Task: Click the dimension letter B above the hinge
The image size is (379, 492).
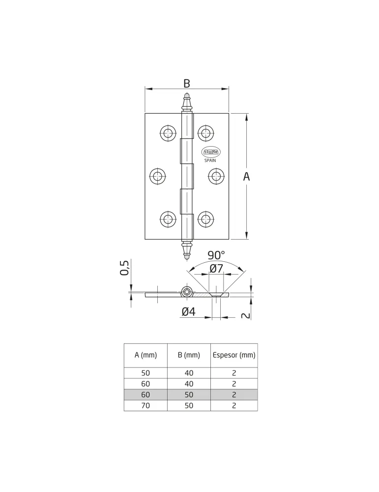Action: (186, 84)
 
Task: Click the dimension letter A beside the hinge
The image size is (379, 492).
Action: (246, 177)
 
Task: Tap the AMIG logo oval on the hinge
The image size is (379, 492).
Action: (211, 152)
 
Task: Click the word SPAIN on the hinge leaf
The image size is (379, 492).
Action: (210, 161)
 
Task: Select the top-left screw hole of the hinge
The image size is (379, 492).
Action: (168, 133)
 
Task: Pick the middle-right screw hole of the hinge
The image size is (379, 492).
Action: (216, 176)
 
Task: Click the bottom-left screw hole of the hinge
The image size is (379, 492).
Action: (168, 219)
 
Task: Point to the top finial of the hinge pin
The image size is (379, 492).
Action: (187, 103)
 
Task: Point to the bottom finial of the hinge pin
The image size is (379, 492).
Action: (187, 250)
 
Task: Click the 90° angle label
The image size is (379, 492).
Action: (216, 255)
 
